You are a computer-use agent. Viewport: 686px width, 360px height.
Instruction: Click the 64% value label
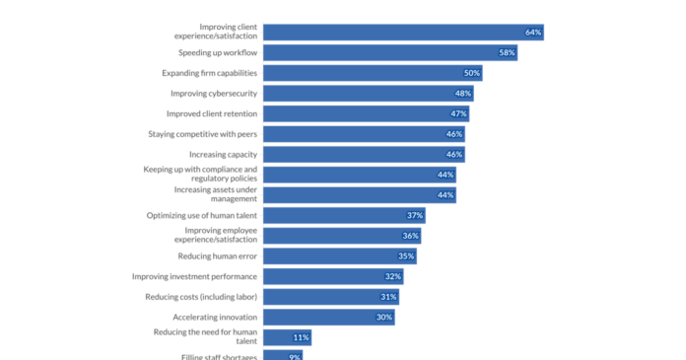533,33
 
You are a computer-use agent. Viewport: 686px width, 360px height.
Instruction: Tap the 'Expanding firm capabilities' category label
210,73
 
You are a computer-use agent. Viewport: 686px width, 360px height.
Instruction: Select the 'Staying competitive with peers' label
203,134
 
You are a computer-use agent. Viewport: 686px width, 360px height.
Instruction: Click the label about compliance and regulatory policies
201,175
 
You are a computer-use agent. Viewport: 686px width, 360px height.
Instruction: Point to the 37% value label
415,216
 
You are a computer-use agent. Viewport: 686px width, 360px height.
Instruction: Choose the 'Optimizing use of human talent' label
202,215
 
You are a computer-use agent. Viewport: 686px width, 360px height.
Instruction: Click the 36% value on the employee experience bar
410,236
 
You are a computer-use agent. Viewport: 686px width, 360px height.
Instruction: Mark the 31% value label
388,297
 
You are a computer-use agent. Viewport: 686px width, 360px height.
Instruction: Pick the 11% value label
301,337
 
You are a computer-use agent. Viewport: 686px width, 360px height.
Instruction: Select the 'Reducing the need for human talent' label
205,337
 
